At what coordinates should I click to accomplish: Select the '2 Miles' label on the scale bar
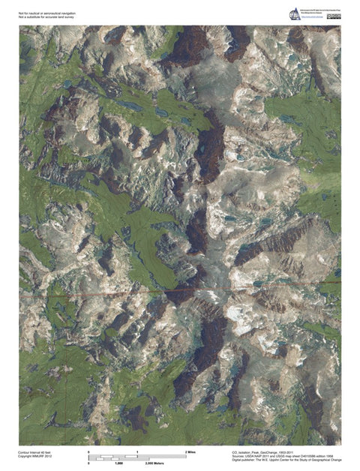(191, 452)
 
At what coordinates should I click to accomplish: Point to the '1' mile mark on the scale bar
(137, 452)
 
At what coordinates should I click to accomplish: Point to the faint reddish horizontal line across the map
(112, 294)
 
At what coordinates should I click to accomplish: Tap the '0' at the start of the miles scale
(89, 452)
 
